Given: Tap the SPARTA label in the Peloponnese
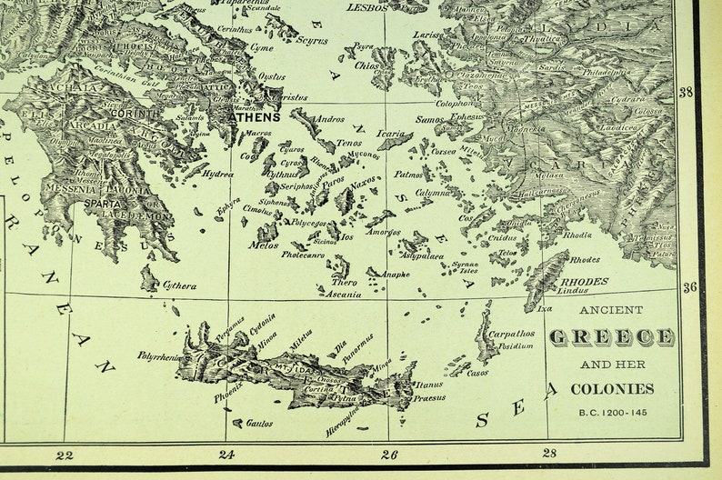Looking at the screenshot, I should point(103,205).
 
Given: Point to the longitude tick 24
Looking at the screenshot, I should point(226,455).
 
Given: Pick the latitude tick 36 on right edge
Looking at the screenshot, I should point(690,287).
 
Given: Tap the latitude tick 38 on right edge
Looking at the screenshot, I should point(687,93).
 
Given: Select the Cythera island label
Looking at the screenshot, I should point(179,286).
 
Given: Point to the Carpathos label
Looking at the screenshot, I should point(511,334).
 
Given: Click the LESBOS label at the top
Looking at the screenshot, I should point(366,7).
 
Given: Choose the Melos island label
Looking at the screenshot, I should point(263,245).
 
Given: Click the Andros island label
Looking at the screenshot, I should point(328,119).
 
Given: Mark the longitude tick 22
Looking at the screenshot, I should point(65,455).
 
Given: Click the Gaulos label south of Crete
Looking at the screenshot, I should point(259,424).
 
